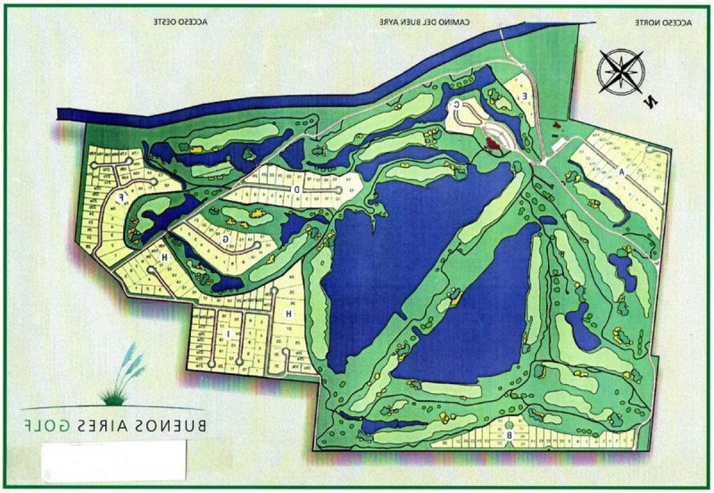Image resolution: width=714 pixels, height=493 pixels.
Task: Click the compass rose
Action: click(621, 72)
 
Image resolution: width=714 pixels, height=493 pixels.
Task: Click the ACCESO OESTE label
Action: click(181, 22)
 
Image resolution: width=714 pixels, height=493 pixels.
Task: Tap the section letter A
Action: click(622, 172)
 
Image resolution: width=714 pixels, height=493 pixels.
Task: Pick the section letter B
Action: click(509, 436)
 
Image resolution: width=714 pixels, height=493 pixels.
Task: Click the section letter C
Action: click(456, 105)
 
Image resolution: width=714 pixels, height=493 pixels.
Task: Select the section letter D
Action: click(296, 189)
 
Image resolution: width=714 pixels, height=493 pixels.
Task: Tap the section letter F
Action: click(121, 197)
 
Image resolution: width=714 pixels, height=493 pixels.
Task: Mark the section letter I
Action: click(227, 334)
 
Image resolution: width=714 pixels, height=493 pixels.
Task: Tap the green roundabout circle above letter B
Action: click(509, 425)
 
